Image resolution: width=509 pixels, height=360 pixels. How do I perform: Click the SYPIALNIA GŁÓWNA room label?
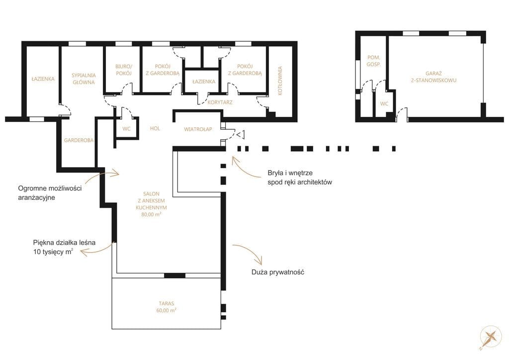(84, 79)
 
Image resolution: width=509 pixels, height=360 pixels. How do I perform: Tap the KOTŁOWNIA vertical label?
(280, 81)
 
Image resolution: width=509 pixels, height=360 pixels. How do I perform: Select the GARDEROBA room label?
(79, 140)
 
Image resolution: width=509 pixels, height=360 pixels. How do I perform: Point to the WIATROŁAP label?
(198, 129)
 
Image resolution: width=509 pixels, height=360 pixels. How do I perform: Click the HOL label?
(155, 129)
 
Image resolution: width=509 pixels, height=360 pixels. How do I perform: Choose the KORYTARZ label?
(220, 102)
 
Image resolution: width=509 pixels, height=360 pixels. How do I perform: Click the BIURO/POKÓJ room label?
(124, 70)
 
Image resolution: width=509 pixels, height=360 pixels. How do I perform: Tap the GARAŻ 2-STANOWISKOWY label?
(433, 77)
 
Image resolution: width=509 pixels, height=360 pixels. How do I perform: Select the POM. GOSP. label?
(374, 61)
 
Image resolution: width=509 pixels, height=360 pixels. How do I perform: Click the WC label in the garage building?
(384, 104)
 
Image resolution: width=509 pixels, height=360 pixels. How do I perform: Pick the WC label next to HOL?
(127, 129)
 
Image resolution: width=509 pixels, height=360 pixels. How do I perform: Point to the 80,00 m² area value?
(152, 215)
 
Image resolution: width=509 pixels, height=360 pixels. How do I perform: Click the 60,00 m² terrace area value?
(166, 310)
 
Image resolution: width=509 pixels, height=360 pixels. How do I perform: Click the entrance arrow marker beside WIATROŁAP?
(241, 134)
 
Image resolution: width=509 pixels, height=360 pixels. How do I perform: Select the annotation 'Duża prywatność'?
(278, 272)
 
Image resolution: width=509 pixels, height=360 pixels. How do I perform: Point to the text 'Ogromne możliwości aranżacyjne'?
(50, 193)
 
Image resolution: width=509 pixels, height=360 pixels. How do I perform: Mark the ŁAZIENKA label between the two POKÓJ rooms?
(204, 82)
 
